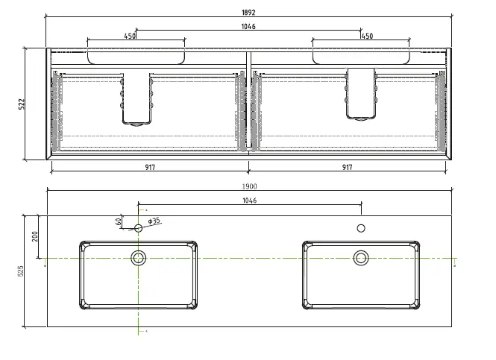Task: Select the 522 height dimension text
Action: (22, 104)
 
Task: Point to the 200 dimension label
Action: (35, 237)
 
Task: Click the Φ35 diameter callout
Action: (154, 221)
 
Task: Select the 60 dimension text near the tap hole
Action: (119, 221)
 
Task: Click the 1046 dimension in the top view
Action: (248, 27)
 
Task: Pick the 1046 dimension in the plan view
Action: (249, 201)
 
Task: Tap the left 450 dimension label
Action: (130, 36)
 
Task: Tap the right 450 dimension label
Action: (367, 36)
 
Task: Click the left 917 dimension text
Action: (150, 167)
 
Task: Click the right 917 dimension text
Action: (347, 167)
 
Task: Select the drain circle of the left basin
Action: (138, 258)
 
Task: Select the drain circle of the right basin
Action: (361, 258)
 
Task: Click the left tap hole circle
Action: (138, 228)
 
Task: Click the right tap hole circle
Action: (361, 228)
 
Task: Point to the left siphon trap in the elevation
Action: (137, 98)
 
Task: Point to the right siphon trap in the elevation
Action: (360, 93)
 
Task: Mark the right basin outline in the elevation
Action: (361, 57)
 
